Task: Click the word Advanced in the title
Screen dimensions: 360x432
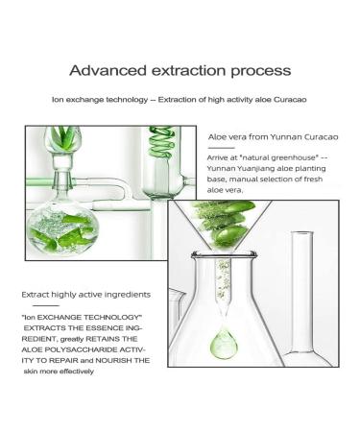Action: (108, 70)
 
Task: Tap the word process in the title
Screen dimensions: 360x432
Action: (261, 71)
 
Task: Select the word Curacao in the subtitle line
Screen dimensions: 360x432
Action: (290, 100)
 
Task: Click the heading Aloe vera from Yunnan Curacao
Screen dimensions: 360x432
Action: (273, 137)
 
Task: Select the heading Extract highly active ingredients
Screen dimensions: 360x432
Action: (85, 295)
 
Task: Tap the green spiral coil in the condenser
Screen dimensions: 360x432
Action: (161, 143)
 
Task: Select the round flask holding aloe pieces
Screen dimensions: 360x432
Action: (62, 228)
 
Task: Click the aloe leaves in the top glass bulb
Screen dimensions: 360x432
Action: (62, 137)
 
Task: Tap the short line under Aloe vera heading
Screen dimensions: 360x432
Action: (221, 148)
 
